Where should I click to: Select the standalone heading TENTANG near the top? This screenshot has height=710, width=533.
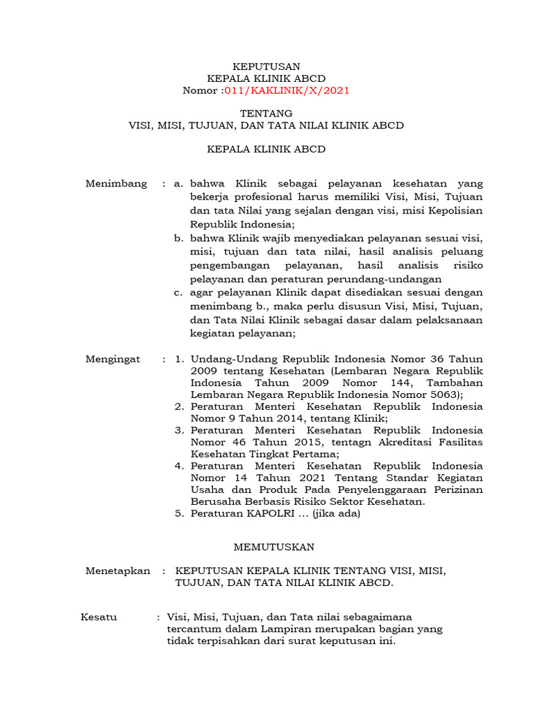tap(266, 113)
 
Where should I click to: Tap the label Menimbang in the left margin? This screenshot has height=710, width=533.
tap(116, 184)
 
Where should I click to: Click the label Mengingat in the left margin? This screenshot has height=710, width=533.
tap(112, 359)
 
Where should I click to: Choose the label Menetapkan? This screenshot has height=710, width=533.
tap(117, 571)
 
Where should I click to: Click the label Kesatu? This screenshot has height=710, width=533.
tap(99, 617)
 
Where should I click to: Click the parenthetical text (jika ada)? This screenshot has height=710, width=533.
tap(337, 514)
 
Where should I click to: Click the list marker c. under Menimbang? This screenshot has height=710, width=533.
tap(178, 293)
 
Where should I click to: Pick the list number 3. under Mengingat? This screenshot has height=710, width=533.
tap(178, 431)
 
